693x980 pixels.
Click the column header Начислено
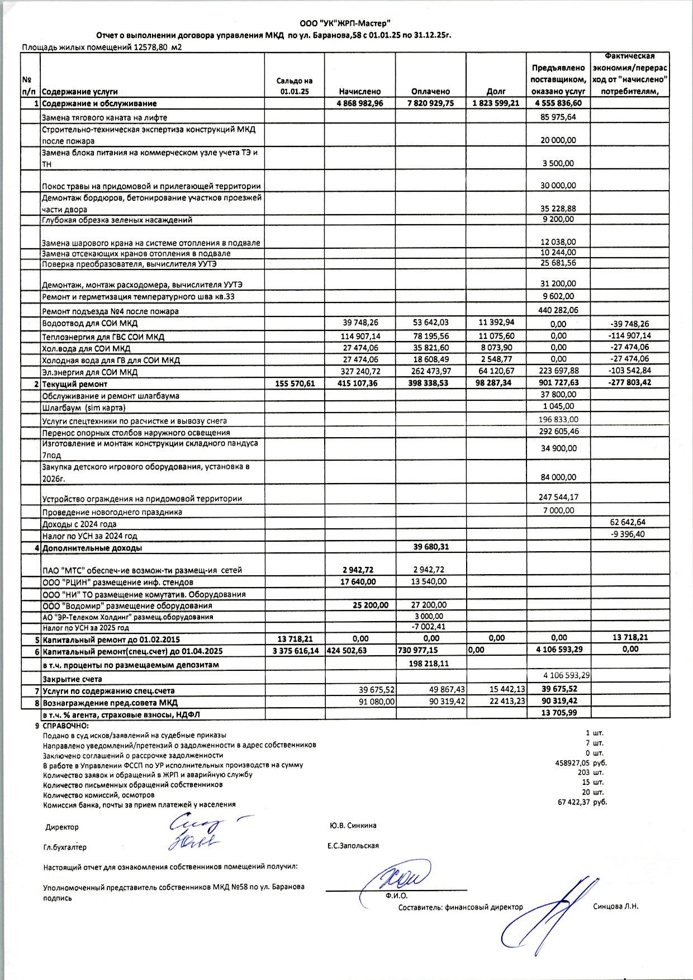click(359, 91)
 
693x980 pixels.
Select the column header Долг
click(496, 91)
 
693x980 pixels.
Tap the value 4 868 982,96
click(359, 103)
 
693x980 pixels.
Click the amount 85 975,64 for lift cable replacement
click(558, 117)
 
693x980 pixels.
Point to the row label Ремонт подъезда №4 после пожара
click(110, 311)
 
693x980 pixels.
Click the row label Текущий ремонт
click(74, 384)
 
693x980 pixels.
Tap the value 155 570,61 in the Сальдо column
click(295, 384)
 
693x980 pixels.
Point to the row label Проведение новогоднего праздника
click(112, 512)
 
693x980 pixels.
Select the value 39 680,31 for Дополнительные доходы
click(431, 547)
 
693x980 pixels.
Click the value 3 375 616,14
click(295, 651)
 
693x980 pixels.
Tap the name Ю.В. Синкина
click(353, 825)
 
